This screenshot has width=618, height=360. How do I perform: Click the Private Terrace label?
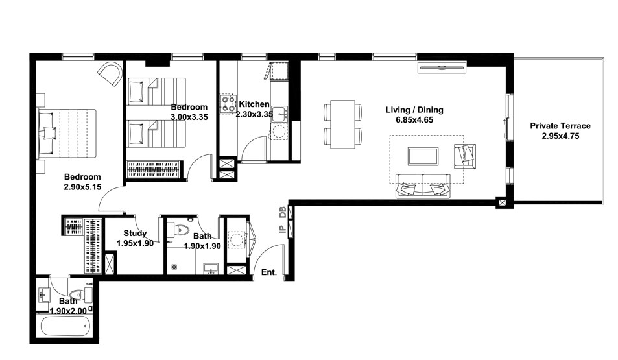point(560,126)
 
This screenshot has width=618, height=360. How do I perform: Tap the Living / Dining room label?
point(414,110)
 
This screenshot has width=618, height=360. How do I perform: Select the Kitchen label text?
point(254,104)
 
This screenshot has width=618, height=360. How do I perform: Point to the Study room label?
point(135,234)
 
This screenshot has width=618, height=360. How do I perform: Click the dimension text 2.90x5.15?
point(82,187)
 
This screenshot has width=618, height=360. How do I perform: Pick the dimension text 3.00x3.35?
point(189,117)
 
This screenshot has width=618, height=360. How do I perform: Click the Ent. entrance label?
point(269,272)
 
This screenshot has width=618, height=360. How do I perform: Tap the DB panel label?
point(283,213)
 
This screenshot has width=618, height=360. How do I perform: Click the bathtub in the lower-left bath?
point(65,326)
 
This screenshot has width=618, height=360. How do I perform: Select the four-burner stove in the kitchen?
point(228,104)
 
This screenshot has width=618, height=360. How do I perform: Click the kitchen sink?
point(279,114)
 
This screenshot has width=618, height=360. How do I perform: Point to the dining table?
point(342,124)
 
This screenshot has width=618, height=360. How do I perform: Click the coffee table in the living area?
point(423,156)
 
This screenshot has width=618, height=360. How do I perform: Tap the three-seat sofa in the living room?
point(423,186)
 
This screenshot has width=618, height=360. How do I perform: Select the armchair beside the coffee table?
point(465,156)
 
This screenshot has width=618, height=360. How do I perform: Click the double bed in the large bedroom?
point(67,134)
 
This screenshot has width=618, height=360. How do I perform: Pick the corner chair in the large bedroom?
point(110,74)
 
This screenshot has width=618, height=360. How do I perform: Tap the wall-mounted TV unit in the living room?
point(442,68)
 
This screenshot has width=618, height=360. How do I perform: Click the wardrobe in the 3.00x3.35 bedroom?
point(154,169)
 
